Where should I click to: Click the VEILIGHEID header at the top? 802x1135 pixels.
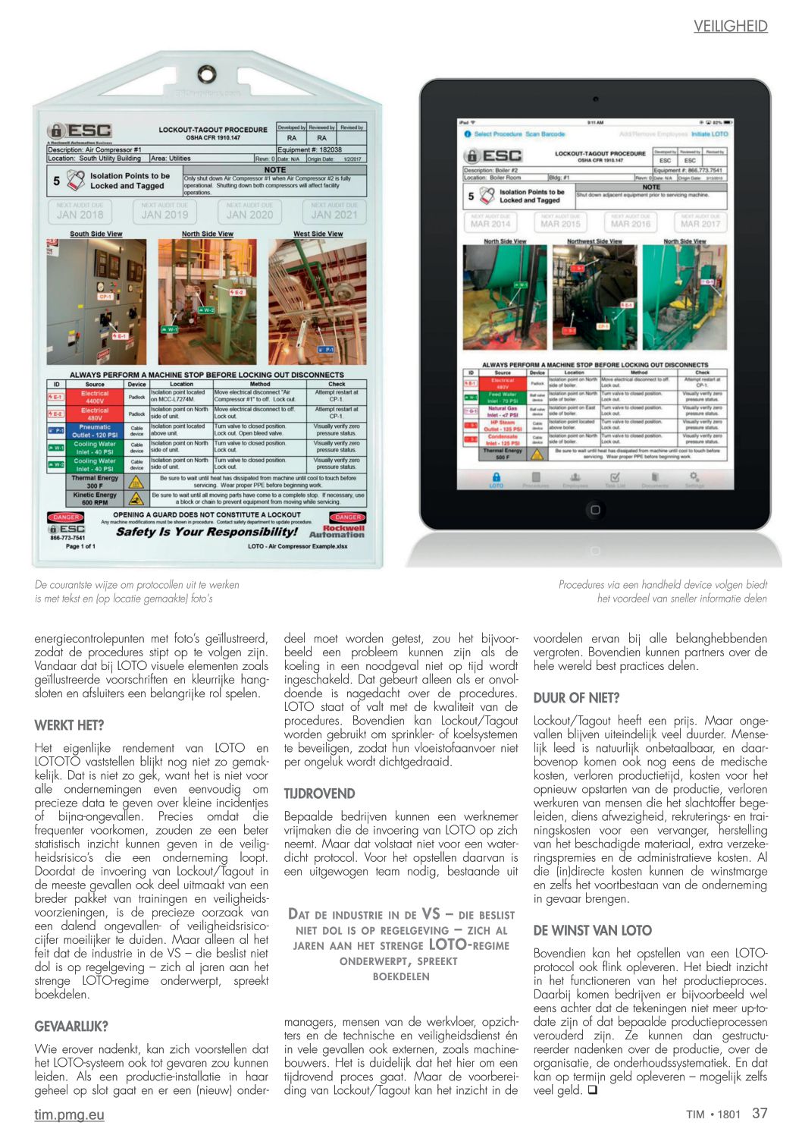pos(730,27)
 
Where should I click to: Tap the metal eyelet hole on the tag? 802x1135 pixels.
pos(206,74)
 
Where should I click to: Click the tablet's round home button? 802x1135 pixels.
pos(595,510)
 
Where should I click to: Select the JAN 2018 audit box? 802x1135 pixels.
pos(80,211)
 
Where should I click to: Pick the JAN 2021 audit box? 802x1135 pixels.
pos(334,211)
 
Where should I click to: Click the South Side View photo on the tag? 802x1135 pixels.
pos(96,302)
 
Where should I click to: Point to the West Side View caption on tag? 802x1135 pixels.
pos(318,234)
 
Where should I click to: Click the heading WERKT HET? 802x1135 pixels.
pos(69,725)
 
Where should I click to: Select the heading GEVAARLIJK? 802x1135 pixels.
pos(71,1027)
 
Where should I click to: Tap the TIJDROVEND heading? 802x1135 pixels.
pos(319,794)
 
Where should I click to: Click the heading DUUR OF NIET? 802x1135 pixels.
pos(576,698)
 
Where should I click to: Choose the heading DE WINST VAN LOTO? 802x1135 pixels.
pos(592,930)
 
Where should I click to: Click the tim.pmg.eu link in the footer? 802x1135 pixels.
pos(69,1115)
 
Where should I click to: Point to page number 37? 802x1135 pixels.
pos(760,1113)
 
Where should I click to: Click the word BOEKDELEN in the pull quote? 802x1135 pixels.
pos(401,976)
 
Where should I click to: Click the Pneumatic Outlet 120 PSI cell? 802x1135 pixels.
pos(95,431)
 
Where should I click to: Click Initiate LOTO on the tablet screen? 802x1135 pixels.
pos(709,134)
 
